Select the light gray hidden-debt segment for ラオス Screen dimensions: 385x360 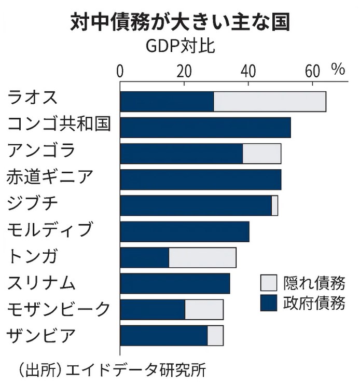[270, 101]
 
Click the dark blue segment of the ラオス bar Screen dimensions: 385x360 [167, 101]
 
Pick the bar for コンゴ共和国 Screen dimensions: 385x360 [205, 128]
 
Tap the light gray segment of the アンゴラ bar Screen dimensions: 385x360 [262, 154]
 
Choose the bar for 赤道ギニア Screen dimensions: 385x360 [201, 180]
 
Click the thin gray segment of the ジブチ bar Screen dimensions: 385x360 [275, 205]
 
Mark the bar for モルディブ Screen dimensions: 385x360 [185, 231]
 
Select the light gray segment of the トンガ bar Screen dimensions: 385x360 [202, 258]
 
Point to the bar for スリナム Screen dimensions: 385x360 [175, 284]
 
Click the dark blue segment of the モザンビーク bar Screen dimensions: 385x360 [153, 310]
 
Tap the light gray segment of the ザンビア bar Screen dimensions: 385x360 [215, 336]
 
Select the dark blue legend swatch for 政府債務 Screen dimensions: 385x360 [269, 303]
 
